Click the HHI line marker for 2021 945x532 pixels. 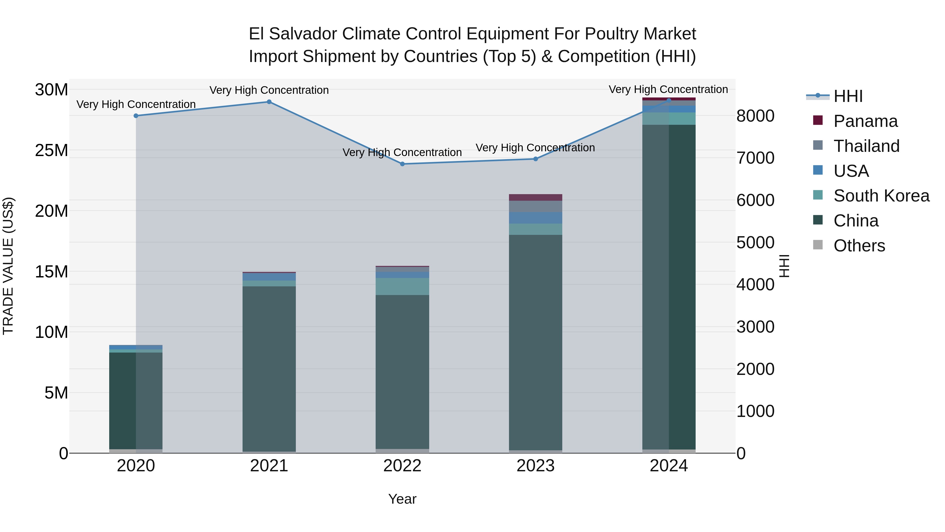(x=269, y=102)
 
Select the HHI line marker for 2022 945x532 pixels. (x=402, y=164)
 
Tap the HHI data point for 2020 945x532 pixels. (x=136, y=116)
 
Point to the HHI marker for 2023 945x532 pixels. (x=535, y=159)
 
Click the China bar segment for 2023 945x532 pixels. (x=535, y=342)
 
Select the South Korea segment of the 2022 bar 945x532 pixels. (x=402, y=286)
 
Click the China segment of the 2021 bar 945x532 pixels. (x=269, y=367)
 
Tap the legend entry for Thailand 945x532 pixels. (x=866, y=146)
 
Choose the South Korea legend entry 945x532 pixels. (x=881, y=196)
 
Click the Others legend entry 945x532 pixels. (x=859, y=246)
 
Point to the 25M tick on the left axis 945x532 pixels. (x=51, y=151)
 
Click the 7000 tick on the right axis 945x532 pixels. (x=755, y=158)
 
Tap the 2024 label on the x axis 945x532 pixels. (x=668, y=466)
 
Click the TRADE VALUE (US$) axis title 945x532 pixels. (x=8, y=266)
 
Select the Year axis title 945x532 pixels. (x=402, y=499)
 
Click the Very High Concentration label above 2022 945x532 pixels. (x=402, y=152)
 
